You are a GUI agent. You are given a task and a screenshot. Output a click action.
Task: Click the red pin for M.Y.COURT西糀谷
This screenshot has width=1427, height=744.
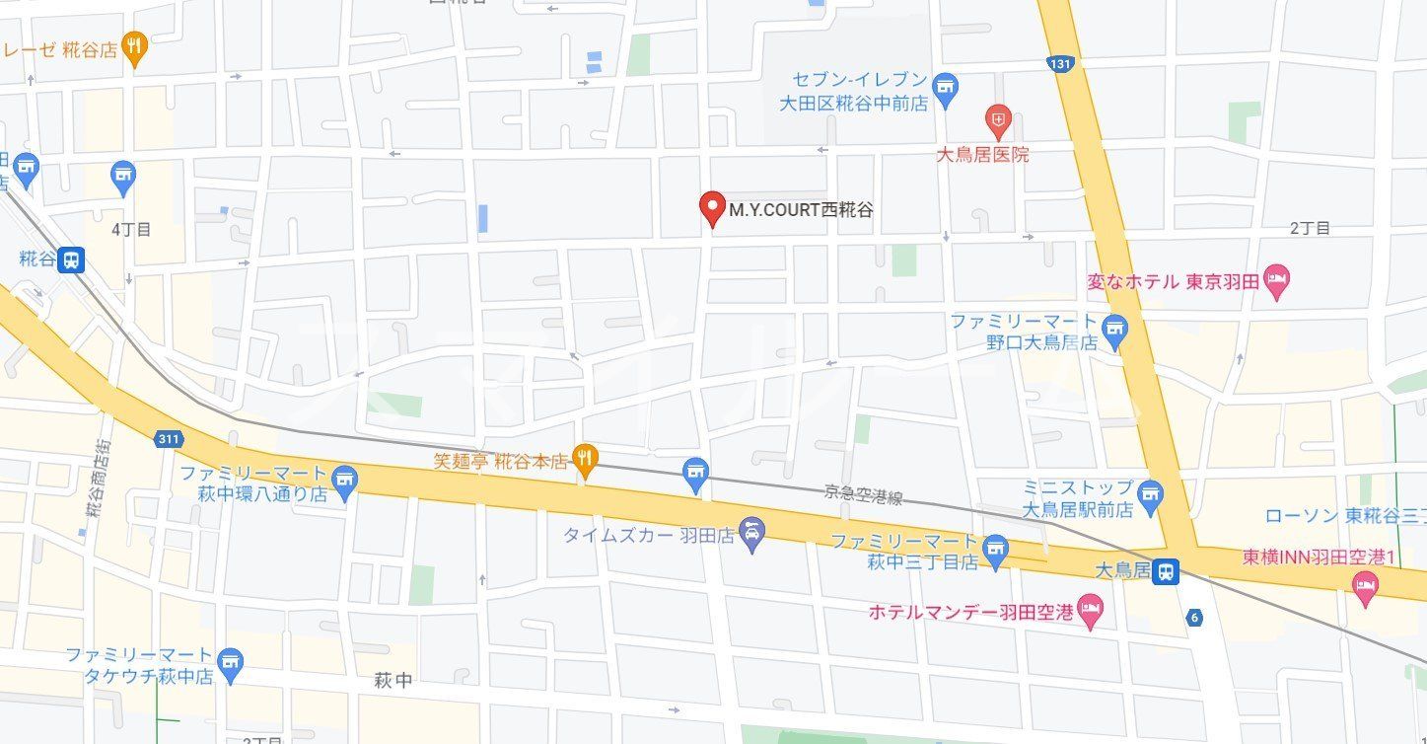[711, 207]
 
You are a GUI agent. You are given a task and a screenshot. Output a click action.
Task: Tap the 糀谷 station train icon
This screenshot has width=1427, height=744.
[70, 260]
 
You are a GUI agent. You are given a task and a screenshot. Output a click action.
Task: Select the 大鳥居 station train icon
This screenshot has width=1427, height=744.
[1167, 570]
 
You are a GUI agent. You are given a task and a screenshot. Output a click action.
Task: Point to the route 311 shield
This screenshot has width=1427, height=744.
[167, 438]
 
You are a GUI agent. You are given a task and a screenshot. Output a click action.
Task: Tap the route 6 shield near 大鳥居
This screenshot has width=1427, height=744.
[1195, 618]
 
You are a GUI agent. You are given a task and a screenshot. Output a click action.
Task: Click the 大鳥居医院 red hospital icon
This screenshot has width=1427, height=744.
[998, 121]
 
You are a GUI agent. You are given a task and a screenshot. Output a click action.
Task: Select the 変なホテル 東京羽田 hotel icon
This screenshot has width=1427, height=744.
[1277, 281]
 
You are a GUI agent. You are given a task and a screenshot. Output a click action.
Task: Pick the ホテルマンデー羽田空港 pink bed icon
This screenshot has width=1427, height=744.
[1090, 611]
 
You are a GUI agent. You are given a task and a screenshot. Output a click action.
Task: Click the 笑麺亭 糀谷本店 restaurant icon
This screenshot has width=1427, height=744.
[586, 458]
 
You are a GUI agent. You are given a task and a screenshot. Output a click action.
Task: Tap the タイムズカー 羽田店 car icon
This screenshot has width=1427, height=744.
[752, 536]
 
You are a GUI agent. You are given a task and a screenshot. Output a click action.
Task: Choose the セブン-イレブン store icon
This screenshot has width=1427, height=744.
[946, 89]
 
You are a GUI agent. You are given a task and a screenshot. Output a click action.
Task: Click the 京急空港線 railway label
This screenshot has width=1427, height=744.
[864, 496]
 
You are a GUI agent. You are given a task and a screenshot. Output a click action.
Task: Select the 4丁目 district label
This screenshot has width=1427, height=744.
[131, 229]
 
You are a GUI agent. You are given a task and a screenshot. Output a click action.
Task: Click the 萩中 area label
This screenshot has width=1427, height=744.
[393, 680]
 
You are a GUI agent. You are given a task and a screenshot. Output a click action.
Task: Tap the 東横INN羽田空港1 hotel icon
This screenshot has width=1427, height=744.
[1366, 585]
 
